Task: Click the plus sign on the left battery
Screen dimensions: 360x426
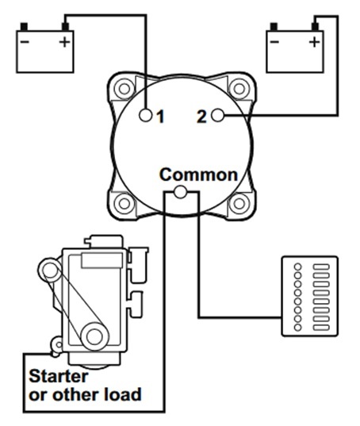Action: pyautogui.click(x=64, y=42)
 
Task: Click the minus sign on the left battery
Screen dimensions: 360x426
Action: pyautogui.click(x=25, y=42)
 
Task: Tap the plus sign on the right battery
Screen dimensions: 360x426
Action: pyautogui.click(x=314, y=42)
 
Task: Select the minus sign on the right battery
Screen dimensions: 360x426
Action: pyautogui.click(x=274, y=42)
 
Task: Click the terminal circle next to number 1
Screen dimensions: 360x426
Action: pyautogui.click(x=146, y=116)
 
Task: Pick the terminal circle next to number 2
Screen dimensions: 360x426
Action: pyautogui.click(x=217, y=116)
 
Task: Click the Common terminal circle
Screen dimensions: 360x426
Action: pyautogui.click(x=180, y=192)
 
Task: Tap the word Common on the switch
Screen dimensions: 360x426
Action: pyautogui.click(x=198, y=175)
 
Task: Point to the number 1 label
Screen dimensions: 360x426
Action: pyautogui.click(x=161, y=117)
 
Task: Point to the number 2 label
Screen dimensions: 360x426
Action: pyautogui.click(x=201, y=117)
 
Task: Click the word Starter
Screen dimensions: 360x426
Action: pyautogui.click(x=59, y=377)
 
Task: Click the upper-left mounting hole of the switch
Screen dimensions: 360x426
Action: pyautogui.click(x=124, y=89)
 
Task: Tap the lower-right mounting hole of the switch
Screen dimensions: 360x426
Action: pyautogui.click(x=239, y=204)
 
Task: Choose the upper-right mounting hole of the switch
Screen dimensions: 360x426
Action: pyautogui.click(x=239, y=89)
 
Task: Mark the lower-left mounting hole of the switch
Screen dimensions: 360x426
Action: pyautogui.click(x=124, y=204)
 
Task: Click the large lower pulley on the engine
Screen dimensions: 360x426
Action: pyautogui.click(x=95, y=336)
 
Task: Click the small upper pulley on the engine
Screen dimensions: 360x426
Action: pyautogui.click(x=50, y=270)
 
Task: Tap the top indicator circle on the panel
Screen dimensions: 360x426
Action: pyautogui.click(x=298, y=267)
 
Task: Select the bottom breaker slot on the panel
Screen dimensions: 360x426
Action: pyautogui.click(x=321, y=328)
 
